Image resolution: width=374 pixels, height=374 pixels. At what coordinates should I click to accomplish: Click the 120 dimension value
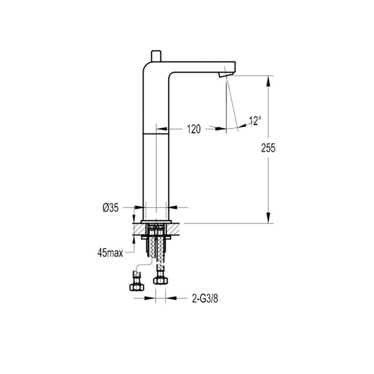193,129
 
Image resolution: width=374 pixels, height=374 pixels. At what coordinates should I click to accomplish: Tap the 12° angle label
255,121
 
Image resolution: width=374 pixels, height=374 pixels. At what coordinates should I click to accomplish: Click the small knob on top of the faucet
156,56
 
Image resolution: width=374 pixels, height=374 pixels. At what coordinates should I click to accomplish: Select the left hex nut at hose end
136,285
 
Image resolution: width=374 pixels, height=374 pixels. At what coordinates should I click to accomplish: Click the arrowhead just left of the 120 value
172,128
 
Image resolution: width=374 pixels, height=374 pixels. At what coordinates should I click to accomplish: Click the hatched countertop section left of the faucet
137,228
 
